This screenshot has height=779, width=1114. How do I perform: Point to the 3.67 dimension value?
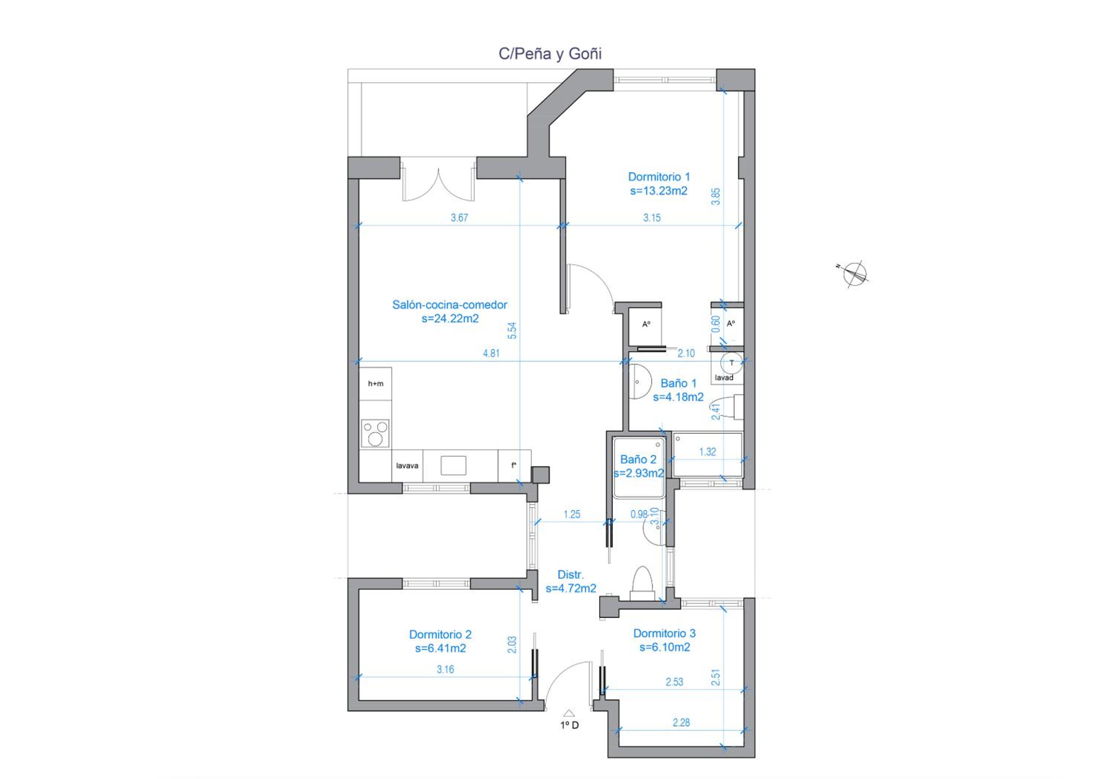tap(459, 218)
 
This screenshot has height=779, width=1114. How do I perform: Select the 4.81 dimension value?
tap(491, 353)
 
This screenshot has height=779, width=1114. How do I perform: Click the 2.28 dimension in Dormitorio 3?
tap(681, 722)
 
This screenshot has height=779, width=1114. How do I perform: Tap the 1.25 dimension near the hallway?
tap(571, 514)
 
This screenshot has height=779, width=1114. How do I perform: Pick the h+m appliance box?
tap(375, 384)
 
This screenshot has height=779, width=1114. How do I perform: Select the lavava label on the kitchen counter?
tap(407, 466)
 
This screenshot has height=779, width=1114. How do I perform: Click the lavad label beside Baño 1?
tap(724, 377)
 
